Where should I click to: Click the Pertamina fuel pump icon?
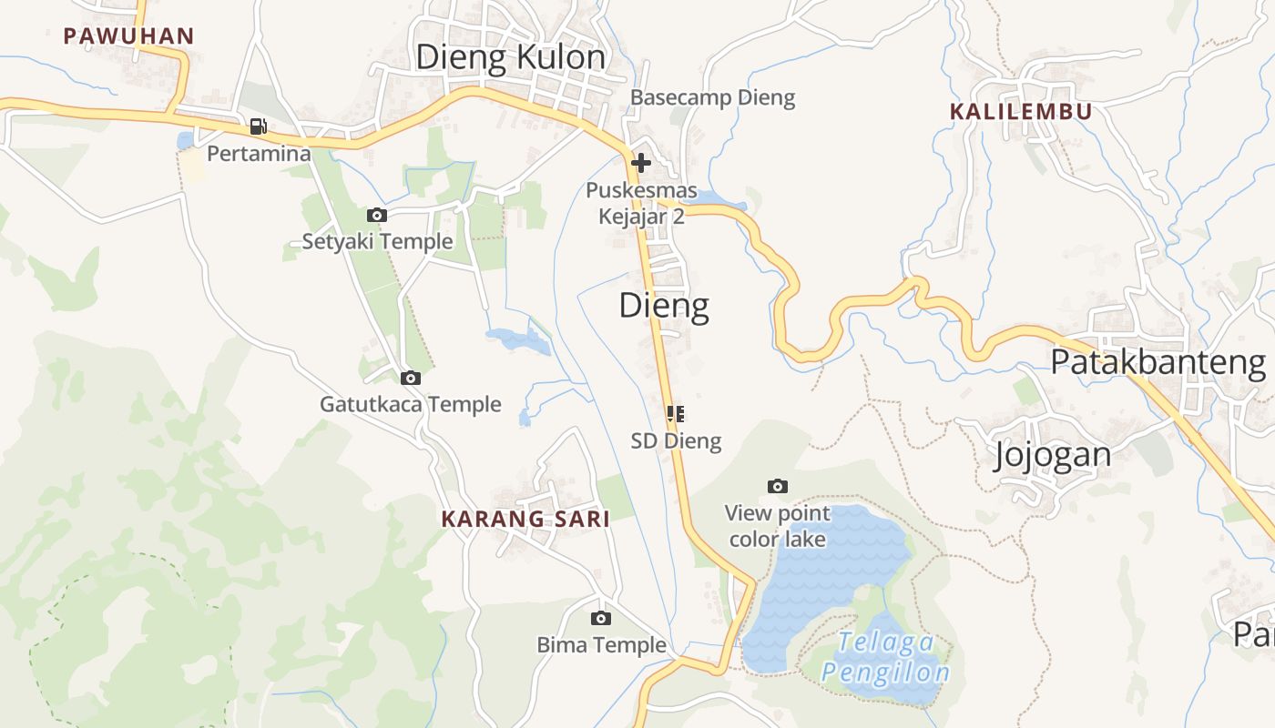(259, 126)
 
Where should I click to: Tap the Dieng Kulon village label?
(510, 57)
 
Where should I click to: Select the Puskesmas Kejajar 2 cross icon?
(641, 164)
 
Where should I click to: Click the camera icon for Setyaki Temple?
(377, 216)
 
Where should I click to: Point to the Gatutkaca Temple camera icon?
(411, 378)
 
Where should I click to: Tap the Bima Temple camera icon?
(601, 619)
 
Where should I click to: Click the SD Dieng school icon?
(676, 414)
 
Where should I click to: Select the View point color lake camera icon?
(778, 487)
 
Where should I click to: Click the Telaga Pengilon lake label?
(885, 657)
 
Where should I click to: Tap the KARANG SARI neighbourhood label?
(525, 520)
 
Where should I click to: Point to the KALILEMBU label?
(1020, 112)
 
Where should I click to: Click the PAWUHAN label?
(128, 36)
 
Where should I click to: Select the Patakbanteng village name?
(1158, 363)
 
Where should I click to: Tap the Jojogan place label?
(1052, 454)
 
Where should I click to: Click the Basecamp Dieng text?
(712, 97)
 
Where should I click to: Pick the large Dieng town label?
(664, 306)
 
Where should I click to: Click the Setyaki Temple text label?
(377, 241)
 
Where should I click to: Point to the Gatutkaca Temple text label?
(410, 404)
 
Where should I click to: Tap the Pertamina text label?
(259, 154)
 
